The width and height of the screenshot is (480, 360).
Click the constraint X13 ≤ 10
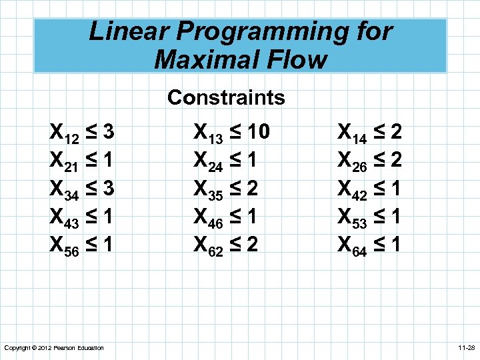click(x=231, y=133)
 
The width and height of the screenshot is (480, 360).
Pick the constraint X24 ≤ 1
click(x=225, y=161)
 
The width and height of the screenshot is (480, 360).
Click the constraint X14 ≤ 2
click(x=370, y=133)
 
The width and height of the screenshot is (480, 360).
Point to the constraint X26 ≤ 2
click(x=370, y=161)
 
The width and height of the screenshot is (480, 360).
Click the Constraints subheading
click(x=226, y=98)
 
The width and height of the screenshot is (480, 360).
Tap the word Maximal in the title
click(x=202, y=59)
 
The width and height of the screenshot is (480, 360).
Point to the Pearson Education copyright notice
click(x=53, y=348)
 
